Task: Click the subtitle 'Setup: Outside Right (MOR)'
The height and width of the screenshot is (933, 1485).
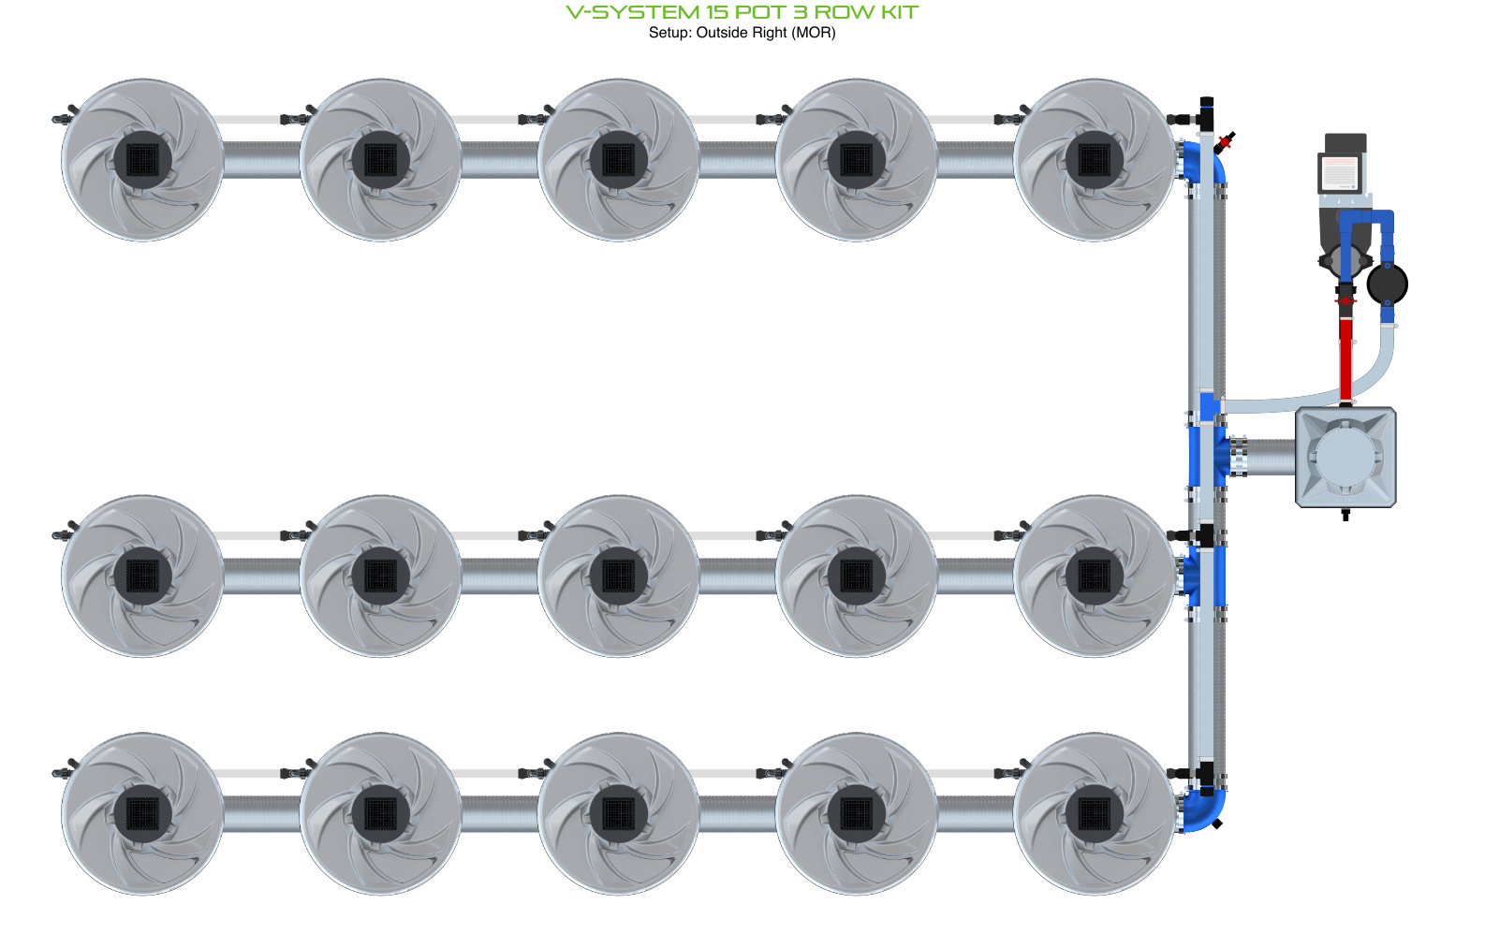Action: coord(742,33)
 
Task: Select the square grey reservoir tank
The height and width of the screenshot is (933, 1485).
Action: coord(1345,458)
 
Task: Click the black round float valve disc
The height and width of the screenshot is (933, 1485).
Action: coord(1387,284)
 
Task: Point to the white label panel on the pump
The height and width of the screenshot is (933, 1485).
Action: coord(1339,172)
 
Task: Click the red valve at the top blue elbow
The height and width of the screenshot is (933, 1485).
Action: coord(1225,141)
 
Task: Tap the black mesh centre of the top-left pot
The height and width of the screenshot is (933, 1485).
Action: coord(142,159)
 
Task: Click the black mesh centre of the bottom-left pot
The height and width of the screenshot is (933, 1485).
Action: coord(142,813)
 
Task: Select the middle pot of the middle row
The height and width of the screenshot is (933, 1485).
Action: coord(618,576)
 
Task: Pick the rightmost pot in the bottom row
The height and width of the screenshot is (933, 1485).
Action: coord(1094,813)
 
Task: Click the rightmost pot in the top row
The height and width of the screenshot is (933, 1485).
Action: coord(1094,159)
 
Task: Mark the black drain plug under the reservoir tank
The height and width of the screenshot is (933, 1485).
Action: coord(1345,514)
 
